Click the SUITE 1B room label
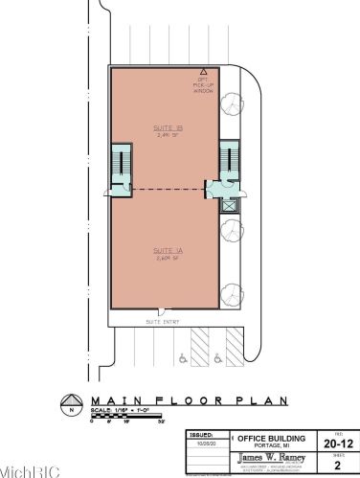click(x=162, y=130)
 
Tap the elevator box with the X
click(x=229, y=204)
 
